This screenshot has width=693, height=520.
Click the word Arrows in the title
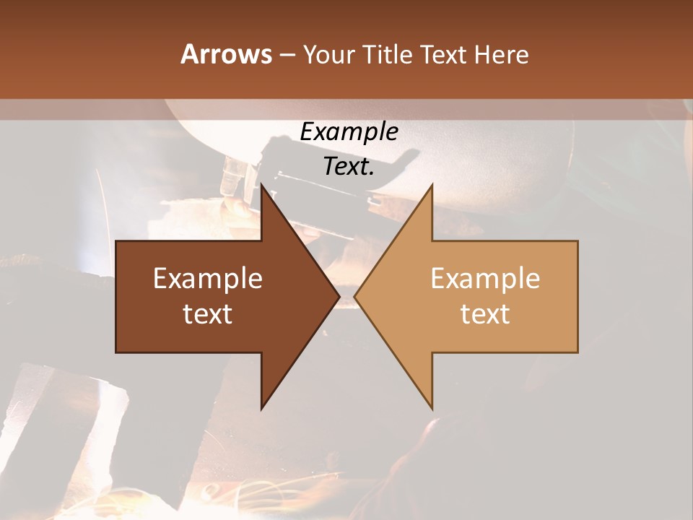coord(226,54)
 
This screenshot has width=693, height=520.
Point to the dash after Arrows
coord(287,56)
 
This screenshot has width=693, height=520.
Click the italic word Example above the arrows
coord(349,131)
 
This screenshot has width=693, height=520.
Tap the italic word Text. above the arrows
coord(349,167)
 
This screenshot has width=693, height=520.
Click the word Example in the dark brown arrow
coord(208,278)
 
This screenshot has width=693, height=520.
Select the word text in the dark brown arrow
coord(208,314)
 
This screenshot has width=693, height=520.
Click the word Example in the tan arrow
coord(485,278)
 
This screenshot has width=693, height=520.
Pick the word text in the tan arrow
coord(485,314)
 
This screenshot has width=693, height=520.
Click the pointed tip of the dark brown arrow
coord(339,297)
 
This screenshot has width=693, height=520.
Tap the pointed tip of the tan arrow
coord(354,297)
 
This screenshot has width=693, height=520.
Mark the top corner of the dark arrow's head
coord(261,185)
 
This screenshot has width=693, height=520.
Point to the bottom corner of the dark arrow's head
coord(261,409)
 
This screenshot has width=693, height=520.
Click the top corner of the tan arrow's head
coord(432,185)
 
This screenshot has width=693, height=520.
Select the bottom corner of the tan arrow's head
coord(432,409)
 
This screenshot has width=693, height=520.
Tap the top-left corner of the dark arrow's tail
coord(116,241)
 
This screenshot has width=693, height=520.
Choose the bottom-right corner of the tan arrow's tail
coord(577,352)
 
